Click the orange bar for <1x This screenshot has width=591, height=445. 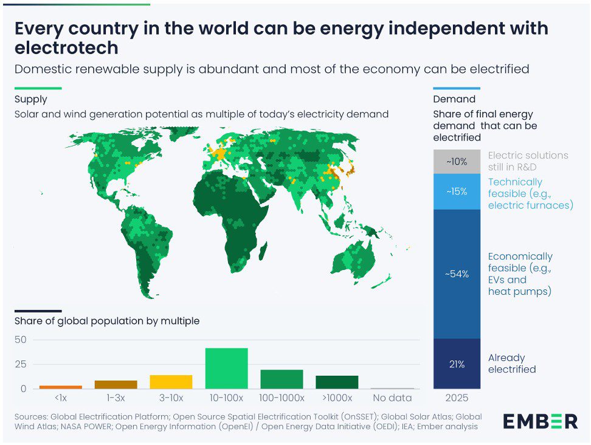coord(61,387)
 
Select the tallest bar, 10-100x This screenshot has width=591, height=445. coord(226,368)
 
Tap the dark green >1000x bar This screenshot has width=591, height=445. coord(337,382)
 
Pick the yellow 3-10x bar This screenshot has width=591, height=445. coord(171,382)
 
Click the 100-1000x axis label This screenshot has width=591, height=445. coord(282,398)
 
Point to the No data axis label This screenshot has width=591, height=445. coord(392,398)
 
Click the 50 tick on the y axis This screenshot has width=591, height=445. coord(21,340)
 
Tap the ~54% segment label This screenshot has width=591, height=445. coord(457,274)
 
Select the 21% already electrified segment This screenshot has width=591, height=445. coord(457,364)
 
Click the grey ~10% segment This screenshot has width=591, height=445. coord(457,162)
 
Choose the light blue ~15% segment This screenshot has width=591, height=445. coord(457,191)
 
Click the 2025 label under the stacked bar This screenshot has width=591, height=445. coord(457,398)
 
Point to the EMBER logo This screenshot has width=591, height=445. coord(540,421)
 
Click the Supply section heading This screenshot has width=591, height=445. coord(31,100)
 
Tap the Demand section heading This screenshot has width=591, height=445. coord(454,99)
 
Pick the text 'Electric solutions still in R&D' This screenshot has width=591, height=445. coord(528,161)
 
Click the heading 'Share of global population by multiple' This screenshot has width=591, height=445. coord(107,321)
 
